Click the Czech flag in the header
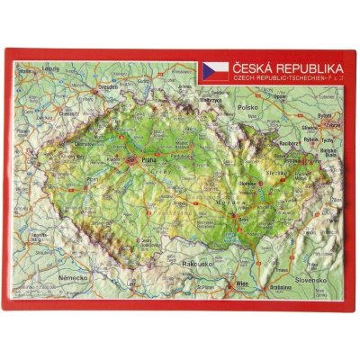[216, 68]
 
